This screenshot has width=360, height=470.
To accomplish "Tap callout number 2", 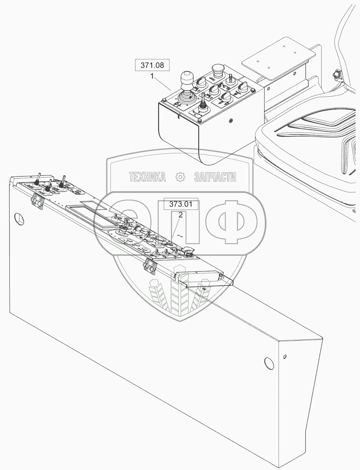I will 181,215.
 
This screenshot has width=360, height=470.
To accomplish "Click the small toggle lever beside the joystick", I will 203,100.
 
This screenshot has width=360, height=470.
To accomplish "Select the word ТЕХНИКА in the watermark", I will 147,177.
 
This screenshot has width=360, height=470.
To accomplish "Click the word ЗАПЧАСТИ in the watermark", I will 215,177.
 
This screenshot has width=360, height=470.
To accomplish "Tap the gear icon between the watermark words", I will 180,177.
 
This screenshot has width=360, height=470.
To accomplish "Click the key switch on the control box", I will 231,78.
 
